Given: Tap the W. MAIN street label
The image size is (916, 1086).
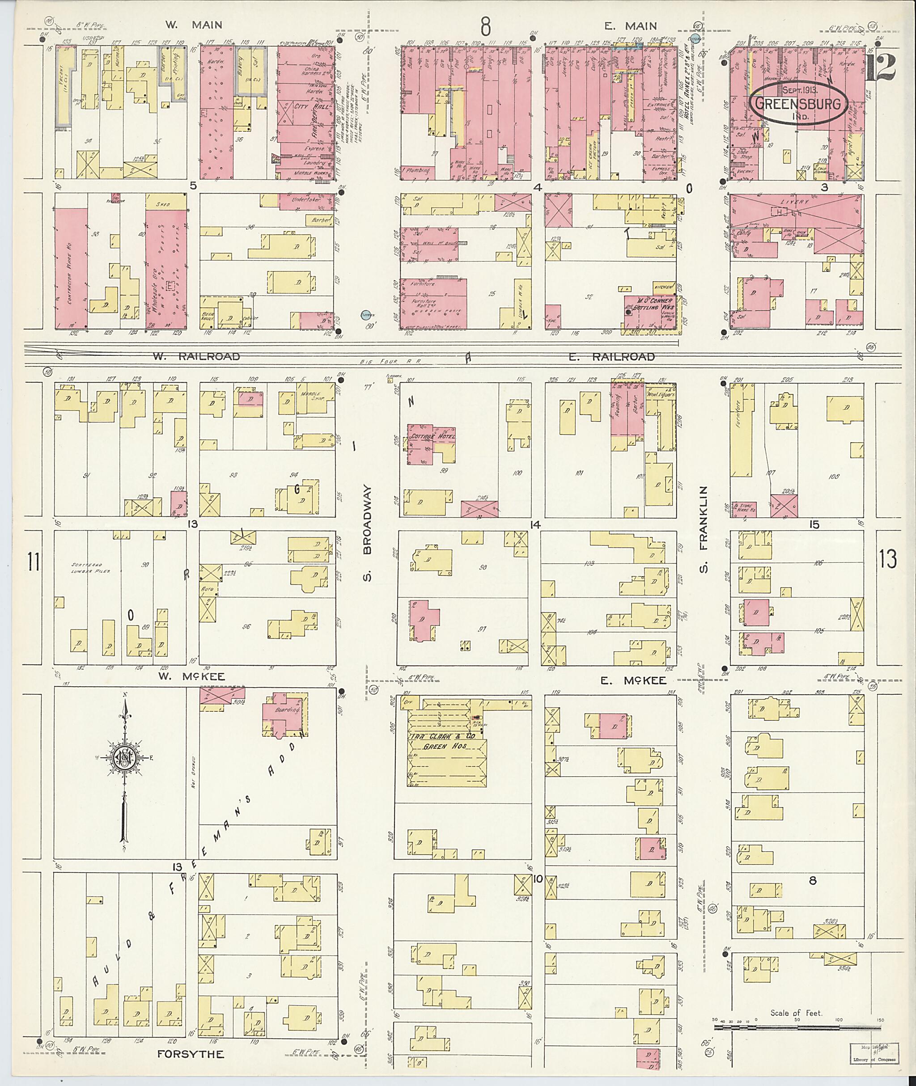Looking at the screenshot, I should pyautogui.click(x=194, y=25).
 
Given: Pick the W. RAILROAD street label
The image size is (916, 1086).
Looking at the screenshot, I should pyautogui.click(x=196, y=357).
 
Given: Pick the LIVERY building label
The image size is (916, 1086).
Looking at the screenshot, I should pyautogui.click(x=797, y=202).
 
